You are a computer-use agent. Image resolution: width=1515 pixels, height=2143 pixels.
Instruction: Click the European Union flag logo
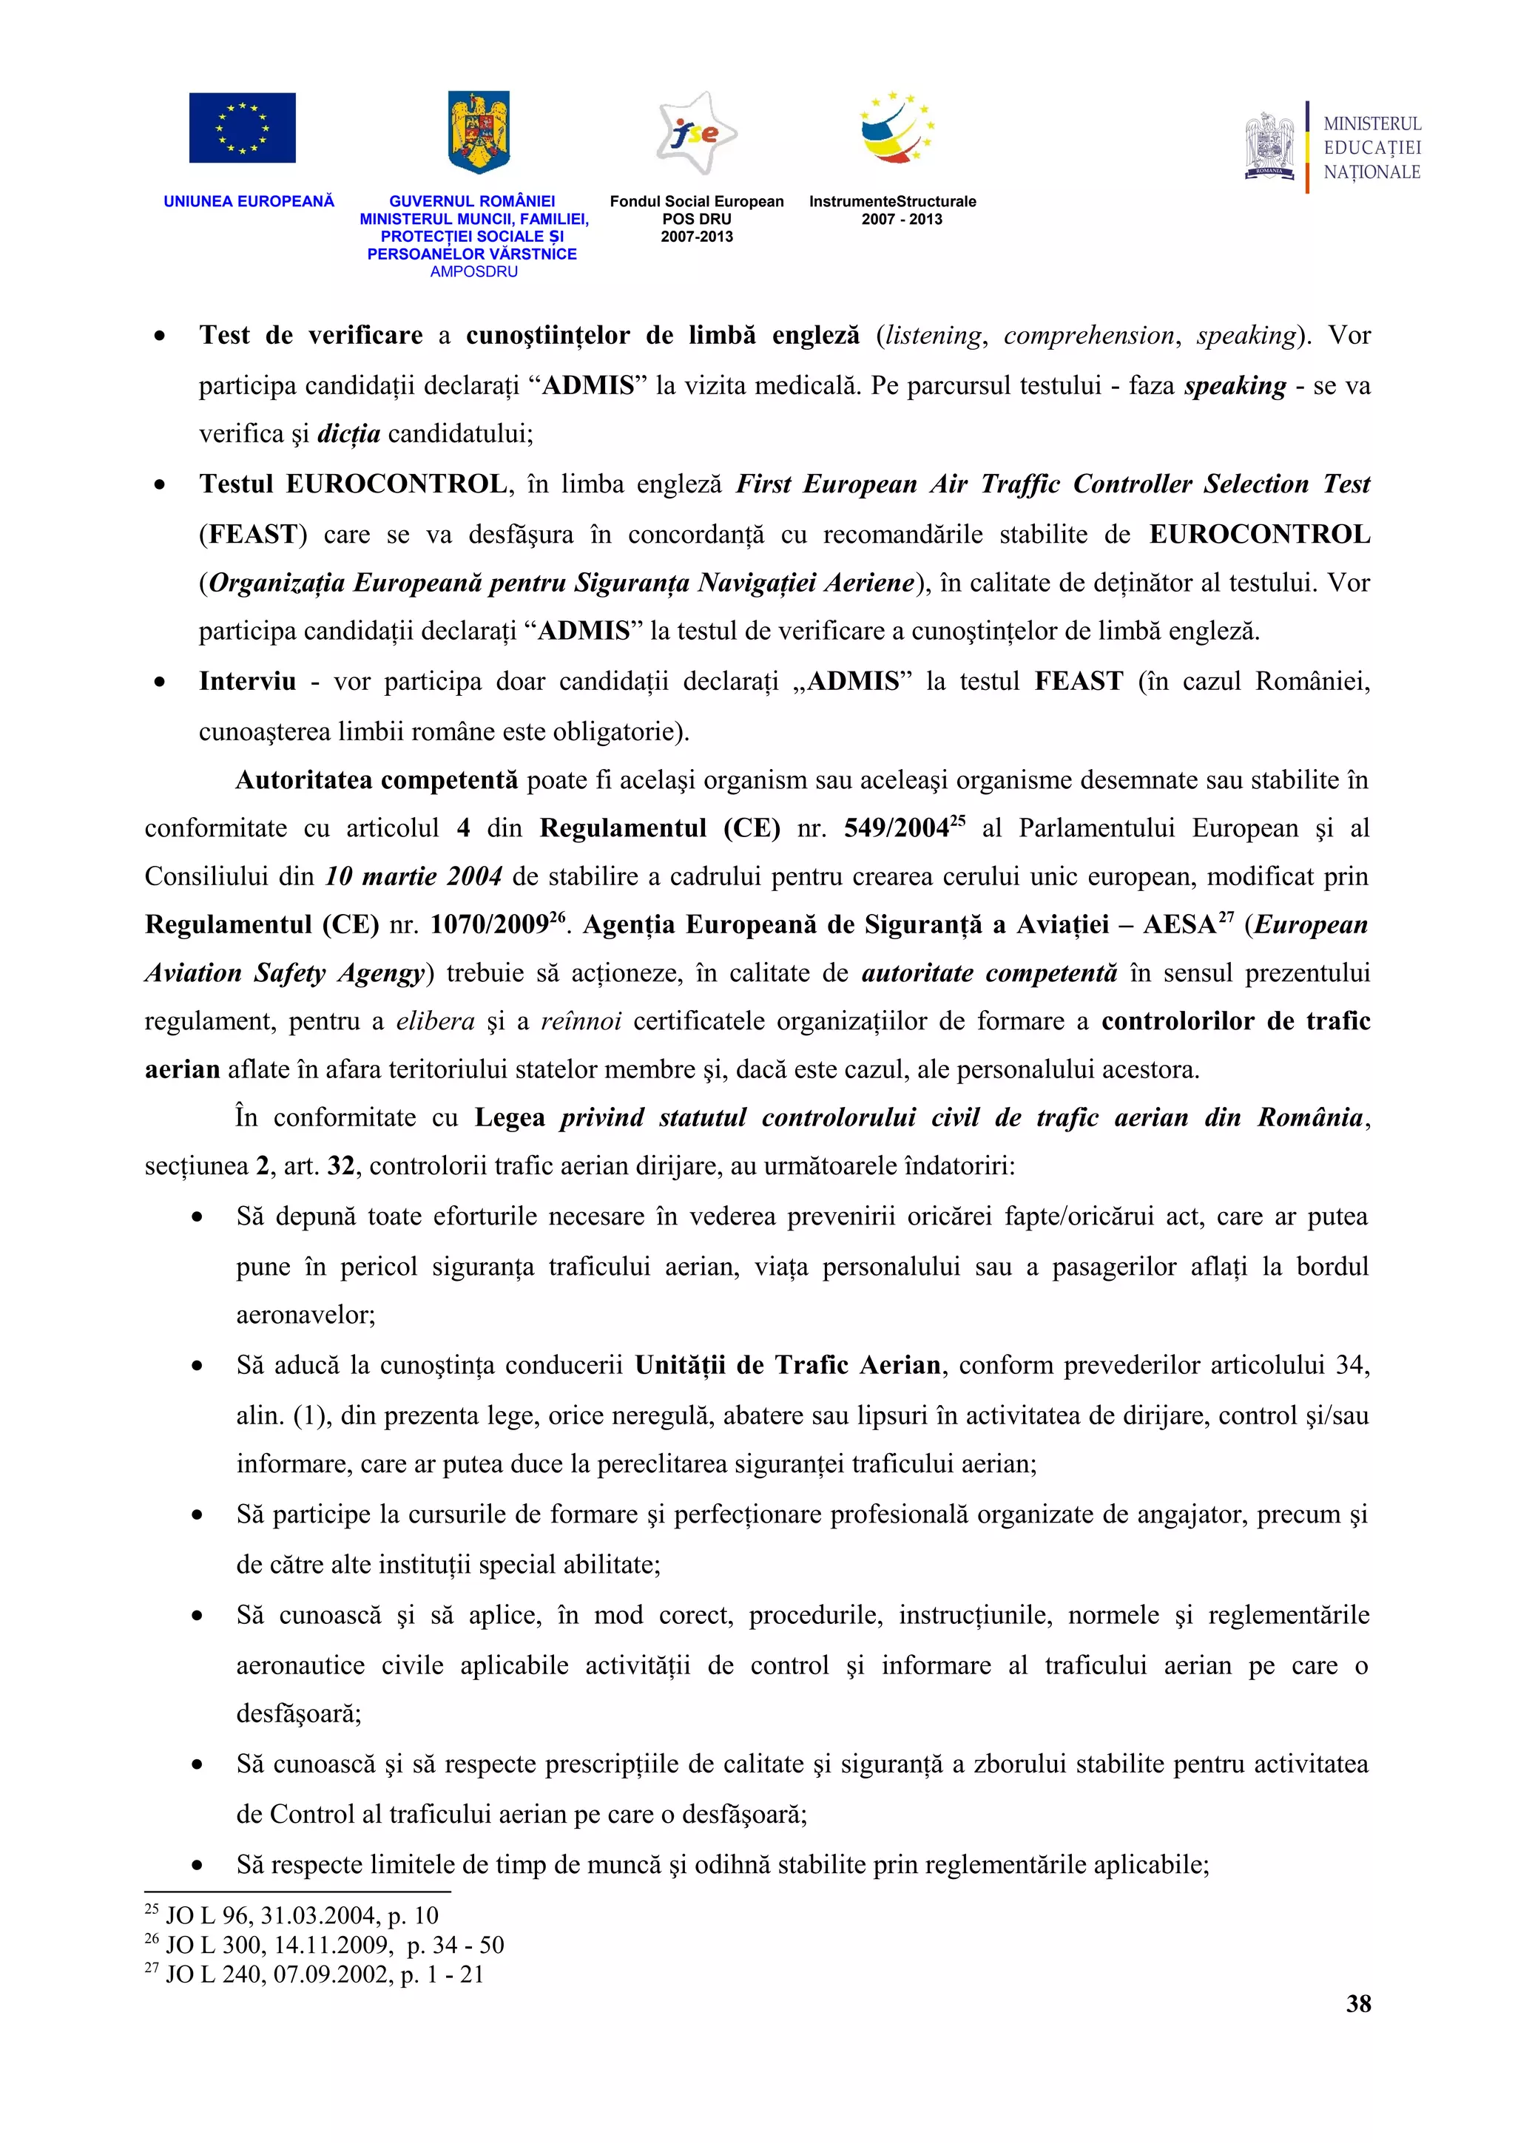[242, 128]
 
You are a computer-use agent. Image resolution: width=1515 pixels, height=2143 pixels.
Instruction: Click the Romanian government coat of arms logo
[478, 132]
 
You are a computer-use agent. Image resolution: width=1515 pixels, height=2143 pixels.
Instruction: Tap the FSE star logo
[696, 133]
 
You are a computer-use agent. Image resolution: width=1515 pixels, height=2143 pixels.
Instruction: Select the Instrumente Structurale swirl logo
[895, 129]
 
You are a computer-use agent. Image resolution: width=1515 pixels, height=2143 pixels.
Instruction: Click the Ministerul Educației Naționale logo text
[1371, 147]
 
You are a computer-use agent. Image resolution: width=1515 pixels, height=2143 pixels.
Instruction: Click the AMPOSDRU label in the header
[473, 271]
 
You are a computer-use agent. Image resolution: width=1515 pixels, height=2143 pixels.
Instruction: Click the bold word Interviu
[247, 681]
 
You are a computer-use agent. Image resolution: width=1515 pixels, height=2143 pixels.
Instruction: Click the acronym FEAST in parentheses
[251, 535]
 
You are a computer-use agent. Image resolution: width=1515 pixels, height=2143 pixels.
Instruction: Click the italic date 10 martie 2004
[414, 876]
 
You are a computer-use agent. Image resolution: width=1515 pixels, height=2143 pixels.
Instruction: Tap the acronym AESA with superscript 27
[1181, 925]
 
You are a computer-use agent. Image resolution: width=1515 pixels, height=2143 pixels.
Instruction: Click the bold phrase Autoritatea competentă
[377, 780]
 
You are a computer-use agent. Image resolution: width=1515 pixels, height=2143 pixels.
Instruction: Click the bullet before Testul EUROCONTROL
[160, 485]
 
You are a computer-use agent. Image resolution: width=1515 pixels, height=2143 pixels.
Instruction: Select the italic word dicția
[349, 434]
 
